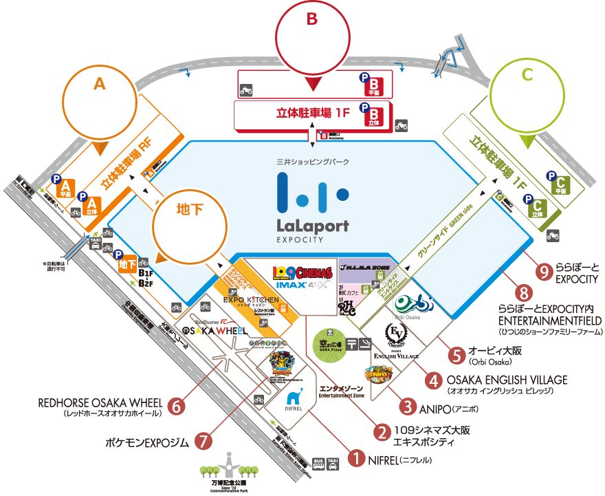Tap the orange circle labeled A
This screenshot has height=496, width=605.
(x=100, y=102)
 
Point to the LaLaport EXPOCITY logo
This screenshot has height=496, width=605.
(x=312, y=206)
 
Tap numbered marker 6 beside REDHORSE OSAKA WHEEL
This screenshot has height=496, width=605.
(x=177, y=407)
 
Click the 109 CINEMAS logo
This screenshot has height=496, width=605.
(x=302, y=272)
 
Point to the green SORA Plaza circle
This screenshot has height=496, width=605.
(x=328, y=341)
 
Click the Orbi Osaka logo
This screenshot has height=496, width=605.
(x=413, y=303)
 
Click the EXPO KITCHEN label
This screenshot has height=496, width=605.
(x=252, y=301)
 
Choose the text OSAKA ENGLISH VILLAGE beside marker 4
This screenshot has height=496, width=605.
(x=507, y=380)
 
